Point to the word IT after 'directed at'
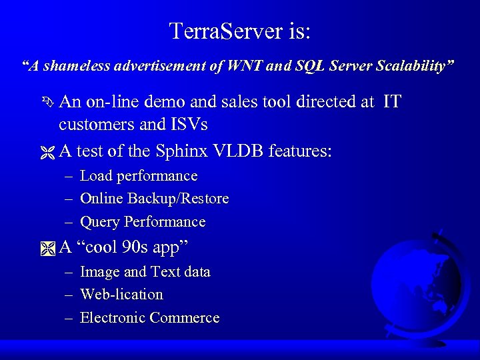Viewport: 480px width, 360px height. (393, 102)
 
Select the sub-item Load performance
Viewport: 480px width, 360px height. (139, 176)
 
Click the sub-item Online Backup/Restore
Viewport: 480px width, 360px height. (154, 199)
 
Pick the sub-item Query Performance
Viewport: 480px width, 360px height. (143, 221)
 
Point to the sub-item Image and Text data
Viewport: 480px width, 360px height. (145, 272)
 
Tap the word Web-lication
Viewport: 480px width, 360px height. (121, 295)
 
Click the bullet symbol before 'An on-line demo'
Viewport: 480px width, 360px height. (47, 103)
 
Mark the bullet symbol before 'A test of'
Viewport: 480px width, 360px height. (47, 151)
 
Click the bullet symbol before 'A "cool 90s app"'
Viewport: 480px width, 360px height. (47, 248)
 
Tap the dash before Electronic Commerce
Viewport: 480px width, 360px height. (69, 318)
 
